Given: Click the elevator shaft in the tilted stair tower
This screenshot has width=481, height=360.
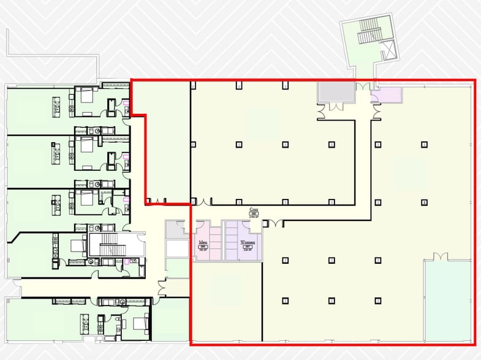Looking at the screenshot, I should (387, 50).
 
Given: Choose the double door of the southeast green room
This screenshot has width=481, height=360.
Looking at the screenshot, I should (437, 258).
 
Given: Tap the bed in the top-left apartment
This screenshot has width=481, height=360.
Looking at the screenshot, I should (86, 95).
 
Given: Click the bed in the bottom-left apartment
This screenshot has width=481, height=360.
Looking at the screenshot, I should (140, 322).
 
